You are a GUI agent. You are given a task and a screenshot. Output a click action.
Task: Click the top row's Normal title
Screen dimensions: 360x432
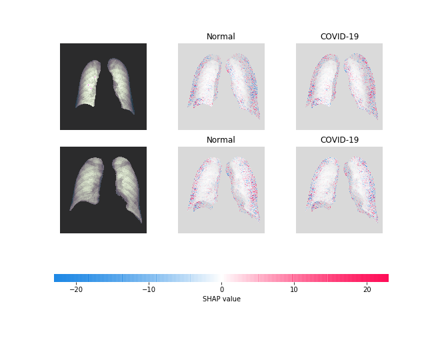tap(221, 37)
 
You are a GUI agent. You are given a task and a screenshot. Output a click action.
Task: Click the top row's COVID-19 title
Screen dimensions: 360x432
tap(339, 37)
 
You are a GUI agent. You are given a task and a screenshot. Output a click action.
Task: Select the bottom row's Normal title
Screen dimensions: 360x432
tap(221, 140)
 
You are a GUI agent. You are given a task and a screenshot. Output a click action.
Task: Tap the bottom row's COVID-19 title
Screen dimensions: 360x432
tap(339, 140)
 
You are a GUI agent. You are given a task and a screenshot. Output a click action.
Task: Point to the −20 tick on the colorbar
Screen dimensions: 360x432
tap(77, 289)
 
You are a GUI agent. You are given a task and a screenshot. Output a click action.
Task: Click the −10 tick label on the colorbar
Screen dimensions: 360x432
tap(149, 289)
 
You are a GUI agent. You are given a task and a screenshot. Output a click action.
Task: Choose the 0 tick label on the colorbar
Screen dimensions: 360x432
tap(222, 289)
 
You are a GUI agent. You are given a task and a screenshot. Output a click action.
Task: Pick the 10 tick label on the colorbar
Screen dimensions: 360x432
tap(294, 289)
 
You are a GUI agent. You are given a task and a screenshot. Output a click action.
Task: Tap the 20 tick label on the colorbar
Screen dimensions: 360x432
tap(367, 289)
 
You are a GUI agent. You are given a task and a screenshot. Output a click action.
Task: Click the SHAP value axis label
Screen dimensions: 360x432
tap(221, 299)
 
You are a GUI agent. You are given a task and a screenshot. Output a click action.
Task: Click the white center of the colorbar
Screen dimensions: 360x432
tap(221, 278)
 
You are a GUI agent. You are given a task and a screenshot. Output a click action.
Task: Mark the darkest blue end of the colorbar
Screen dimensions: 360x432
tap(57, 278)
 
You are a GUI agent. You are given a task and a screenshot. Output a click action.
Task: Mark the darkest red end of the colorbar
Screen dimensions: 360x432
tap(386, 278)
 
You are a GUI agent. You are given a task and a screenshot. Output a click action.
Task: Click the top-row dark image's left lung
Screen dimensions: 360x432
tap(89, 85)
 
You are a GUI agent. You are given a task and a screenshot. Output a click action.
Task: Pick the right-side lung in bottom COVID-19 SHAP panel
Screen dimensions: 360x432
tap(363, 187)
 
